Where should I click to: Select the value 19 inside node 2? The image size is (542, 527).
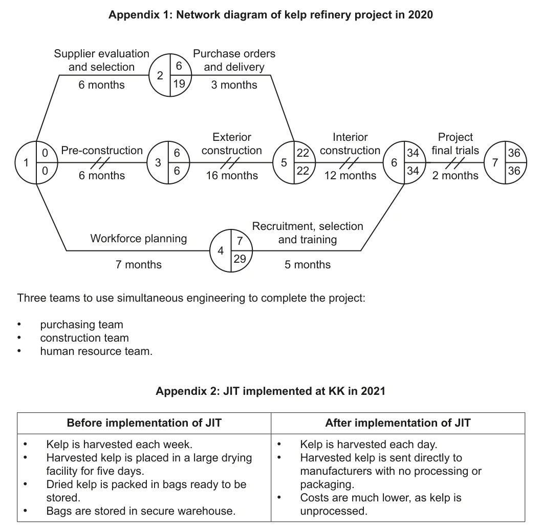click(179, 83)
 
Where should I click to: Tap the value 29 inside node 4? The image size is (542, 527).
click(240, 259)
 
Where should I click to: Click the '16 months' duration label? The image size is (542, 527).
click(232, 175)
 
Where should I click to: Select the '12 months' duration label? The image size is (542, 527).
click(350, 175)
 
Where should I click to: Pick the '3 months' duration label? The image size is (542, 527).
click(234, 85)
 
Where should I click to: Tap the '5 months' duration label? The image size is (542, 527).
click(308, 265)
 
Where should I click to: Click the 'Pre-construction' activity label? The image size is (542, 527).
click(102, 151)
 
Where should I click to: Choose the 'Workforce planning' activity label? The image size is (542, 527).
click(139, 238)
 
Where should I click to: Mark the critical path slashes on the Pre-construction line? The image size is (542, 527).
click(100, 162)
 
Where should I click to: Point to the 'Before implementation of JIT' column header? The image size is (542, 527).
click(144, 423)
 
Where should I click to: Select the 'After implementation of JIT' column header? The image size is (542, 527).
click(398, 423)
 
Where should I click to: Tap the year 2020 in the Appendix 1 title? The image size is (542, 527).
click(420, 15)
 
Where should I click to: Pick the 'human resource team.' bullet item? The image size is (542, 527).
click(96, 351)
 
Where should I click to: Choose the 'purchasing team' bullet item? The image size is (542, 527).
click(81, 324)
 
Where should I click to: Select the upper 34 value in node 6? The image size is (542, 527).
click(413, 153)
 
